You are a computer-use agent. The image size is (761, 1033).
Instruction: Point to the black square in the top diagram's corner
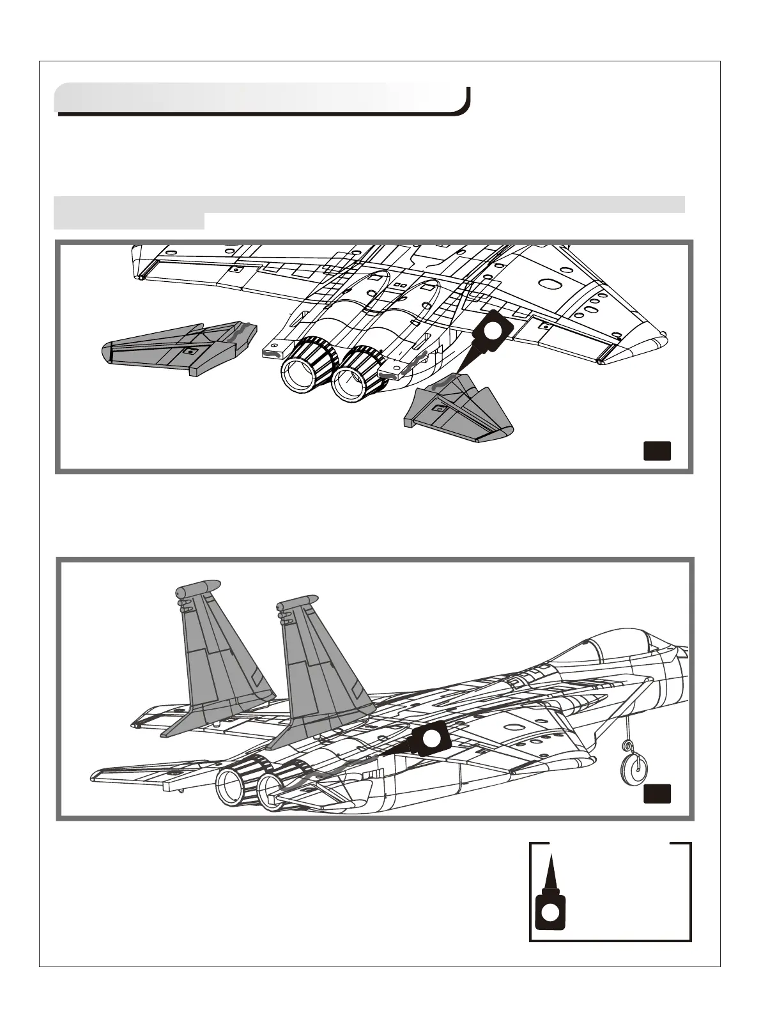click(656, 451)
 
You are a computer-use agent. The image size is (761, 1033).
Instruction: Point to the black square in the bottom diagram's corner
click(656, 793)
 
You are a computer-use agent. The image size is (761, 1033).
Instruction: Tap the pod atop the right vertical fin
click(298, 602)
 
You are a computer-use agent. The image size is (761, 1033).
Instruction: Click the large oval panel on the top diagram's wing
click(548, 284)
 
